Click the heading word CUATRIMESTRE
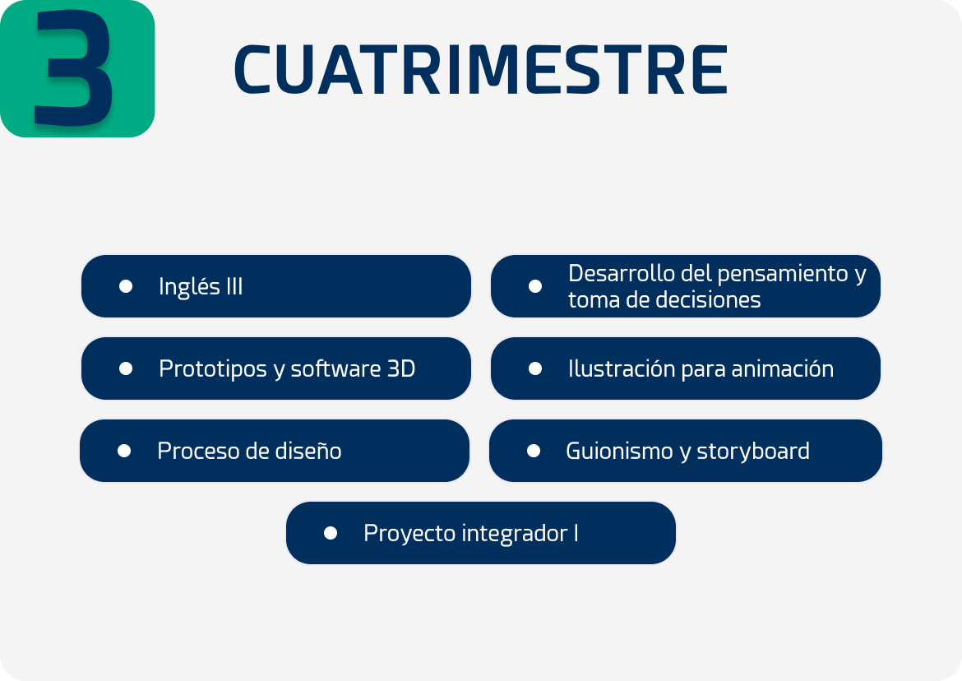pos(481,70)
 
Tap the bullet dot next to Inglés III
pos(126,286)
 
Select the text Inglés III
pos(201,286)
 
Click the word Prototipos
pos(213,369)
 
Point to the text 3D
pos(401,368)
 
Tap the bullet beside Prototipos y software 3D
pos(126,368)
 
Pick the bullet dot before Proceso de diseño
pos(124,451)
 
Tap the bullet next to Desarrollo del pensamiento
pos(535,286)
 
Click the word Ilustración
pos(622,368)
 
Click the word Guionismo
pos(619,452)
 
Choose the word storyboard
pos(753,452)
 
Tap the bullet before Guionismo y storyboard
pos(534,451)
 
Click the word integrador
pos(515,534)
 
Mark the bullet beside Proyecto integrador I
pos(331,533)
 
